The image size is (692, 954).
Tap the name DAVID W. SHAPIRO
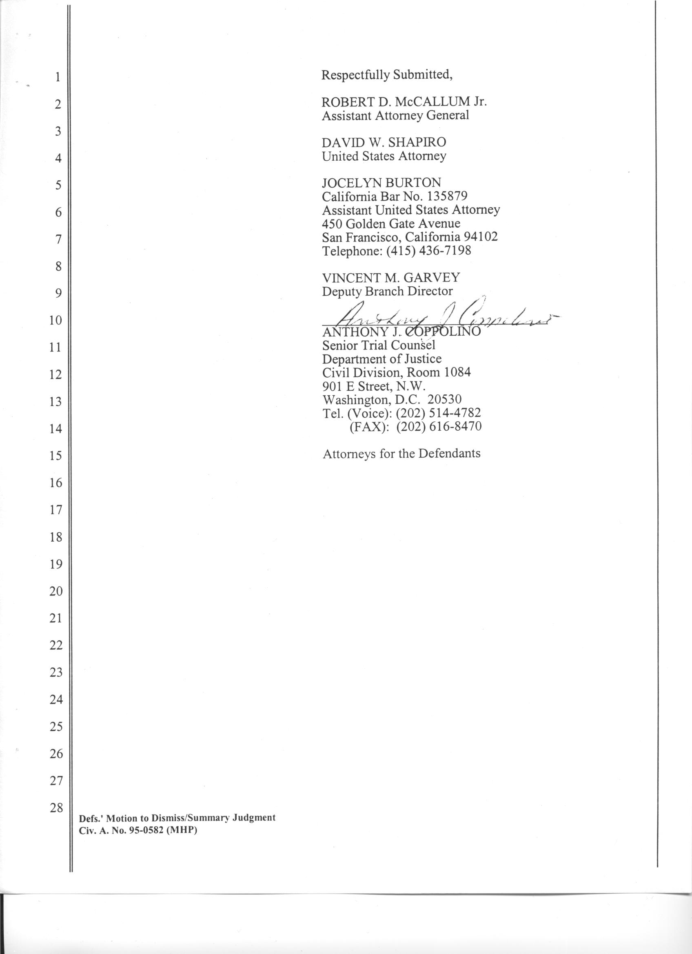coord(384,143)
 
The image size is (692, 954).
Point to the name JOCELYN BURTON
coord(381,183)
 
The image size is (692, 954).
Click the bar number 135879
coord(447,197)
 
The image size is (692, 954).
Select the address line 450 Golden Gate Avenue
coord(391,224)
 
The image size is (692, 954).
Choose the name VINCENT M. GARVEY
coord(391,278)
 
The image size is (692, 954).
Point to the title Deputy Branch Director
coord(388,291)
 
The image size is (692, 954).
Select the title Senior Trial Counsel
coord(379,345)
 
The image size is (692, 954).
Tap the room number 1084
coord(457,372)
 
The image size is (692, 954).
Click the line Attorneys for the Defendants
coord(401,454)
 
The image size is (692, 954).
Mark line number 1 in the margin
coord(58,77)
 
